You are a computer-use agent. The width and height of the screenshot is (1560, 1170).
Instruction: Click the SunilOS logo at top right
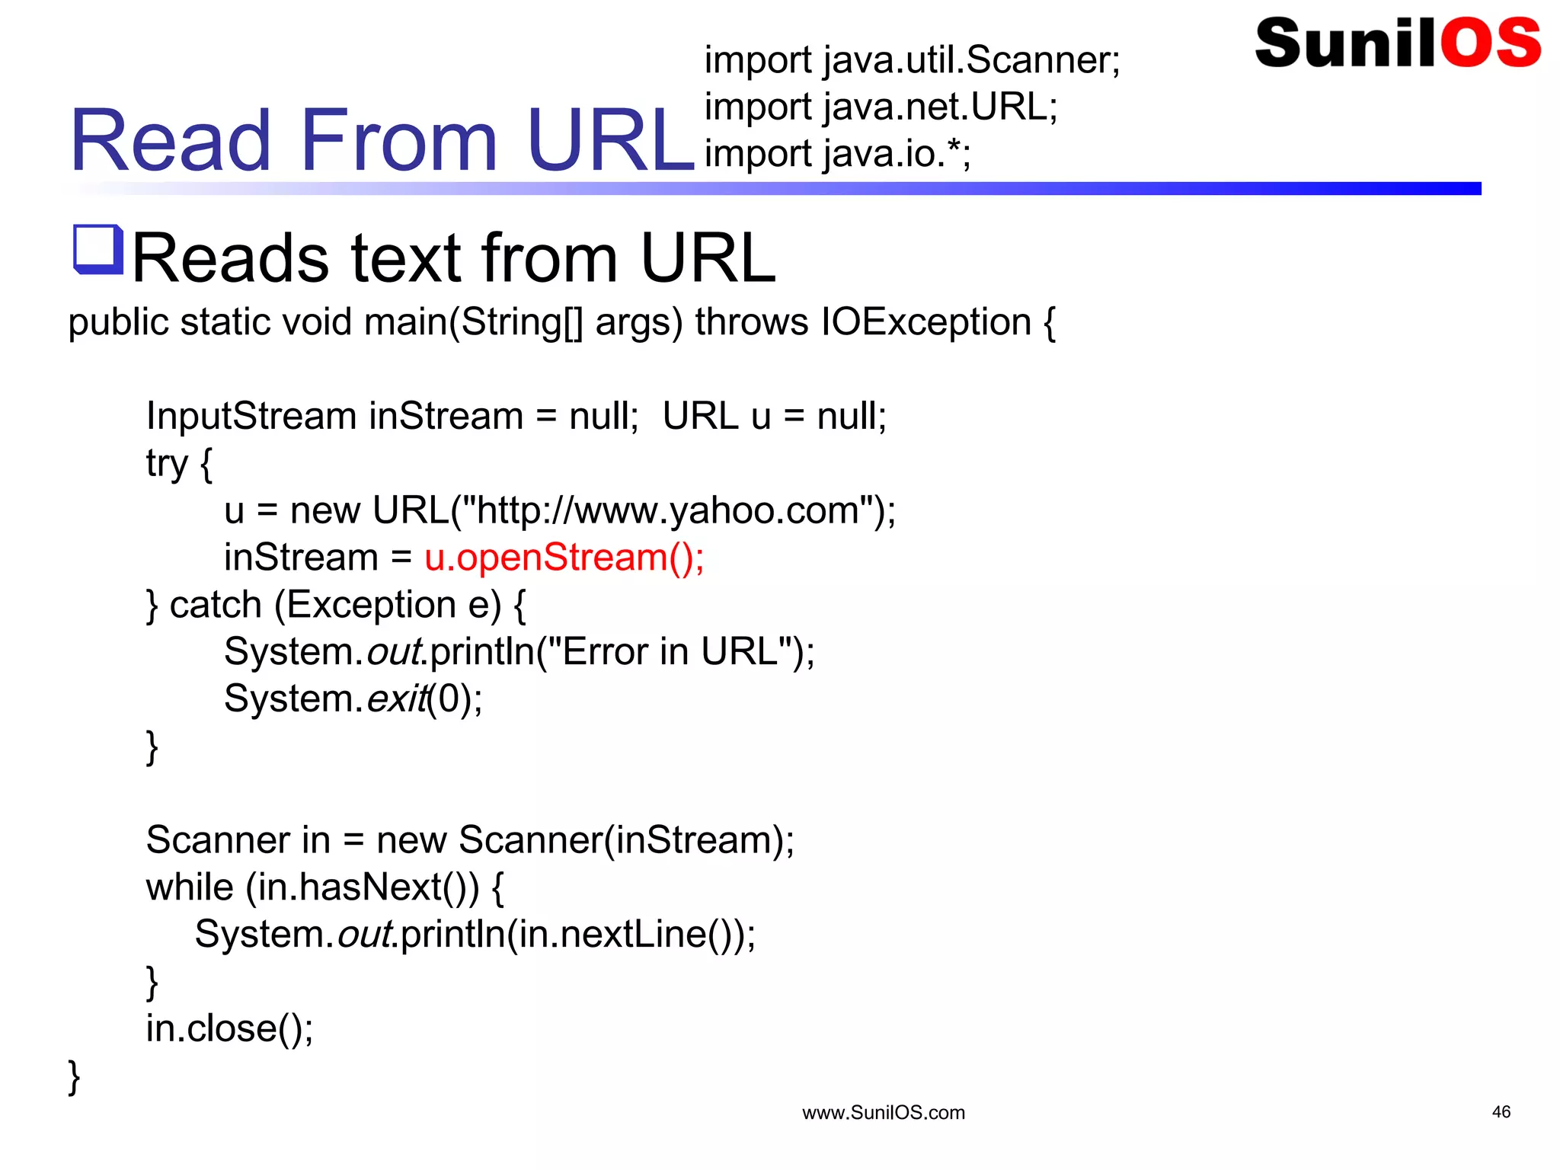tap(1397, 43)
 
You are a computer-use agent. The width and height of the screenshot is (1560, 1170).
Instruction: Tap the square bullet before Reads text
tap(97, 249)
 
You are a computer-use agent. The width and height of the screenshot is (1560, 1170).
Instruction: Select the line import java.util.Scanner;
tap(912, 59)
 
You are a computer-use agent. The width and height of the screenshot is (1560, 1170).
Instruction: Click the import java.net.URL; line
tap(881, 107)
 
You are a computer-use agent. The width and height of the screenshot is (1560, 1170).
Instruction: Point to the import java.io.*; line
tap(837, 154)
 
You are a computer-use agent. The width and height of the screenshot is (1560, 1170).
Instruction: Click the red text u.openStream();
tap(564, 558)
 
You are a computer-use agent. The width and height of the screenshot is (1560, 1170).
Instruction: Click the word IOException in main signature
tap(925, 321)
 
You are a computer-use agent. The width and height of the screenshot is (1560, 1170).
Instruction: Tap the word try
tap(167, 463)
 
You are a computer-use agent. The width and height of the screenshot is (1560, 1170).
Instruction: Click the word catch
tap(216, 605)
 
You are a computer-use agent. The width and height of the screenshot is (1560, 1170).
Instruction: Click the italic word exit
tap(396, 699)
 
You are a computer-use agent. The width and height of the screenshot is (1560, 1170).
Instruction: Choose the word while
tap(190, 887)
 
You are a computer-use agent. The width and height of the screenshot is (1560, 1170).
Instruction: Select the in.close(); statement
tap(229, 1029)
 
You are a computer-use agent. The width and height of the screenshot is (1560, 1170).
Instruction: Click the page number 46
tap(1501, 1112)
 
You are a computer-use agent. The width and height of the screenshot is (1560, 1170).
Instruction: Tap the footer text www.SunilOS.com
tap(884, 1113)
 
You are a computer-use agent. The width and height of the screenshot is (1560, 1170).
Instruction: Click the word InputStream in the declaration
tap(251, 417)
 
